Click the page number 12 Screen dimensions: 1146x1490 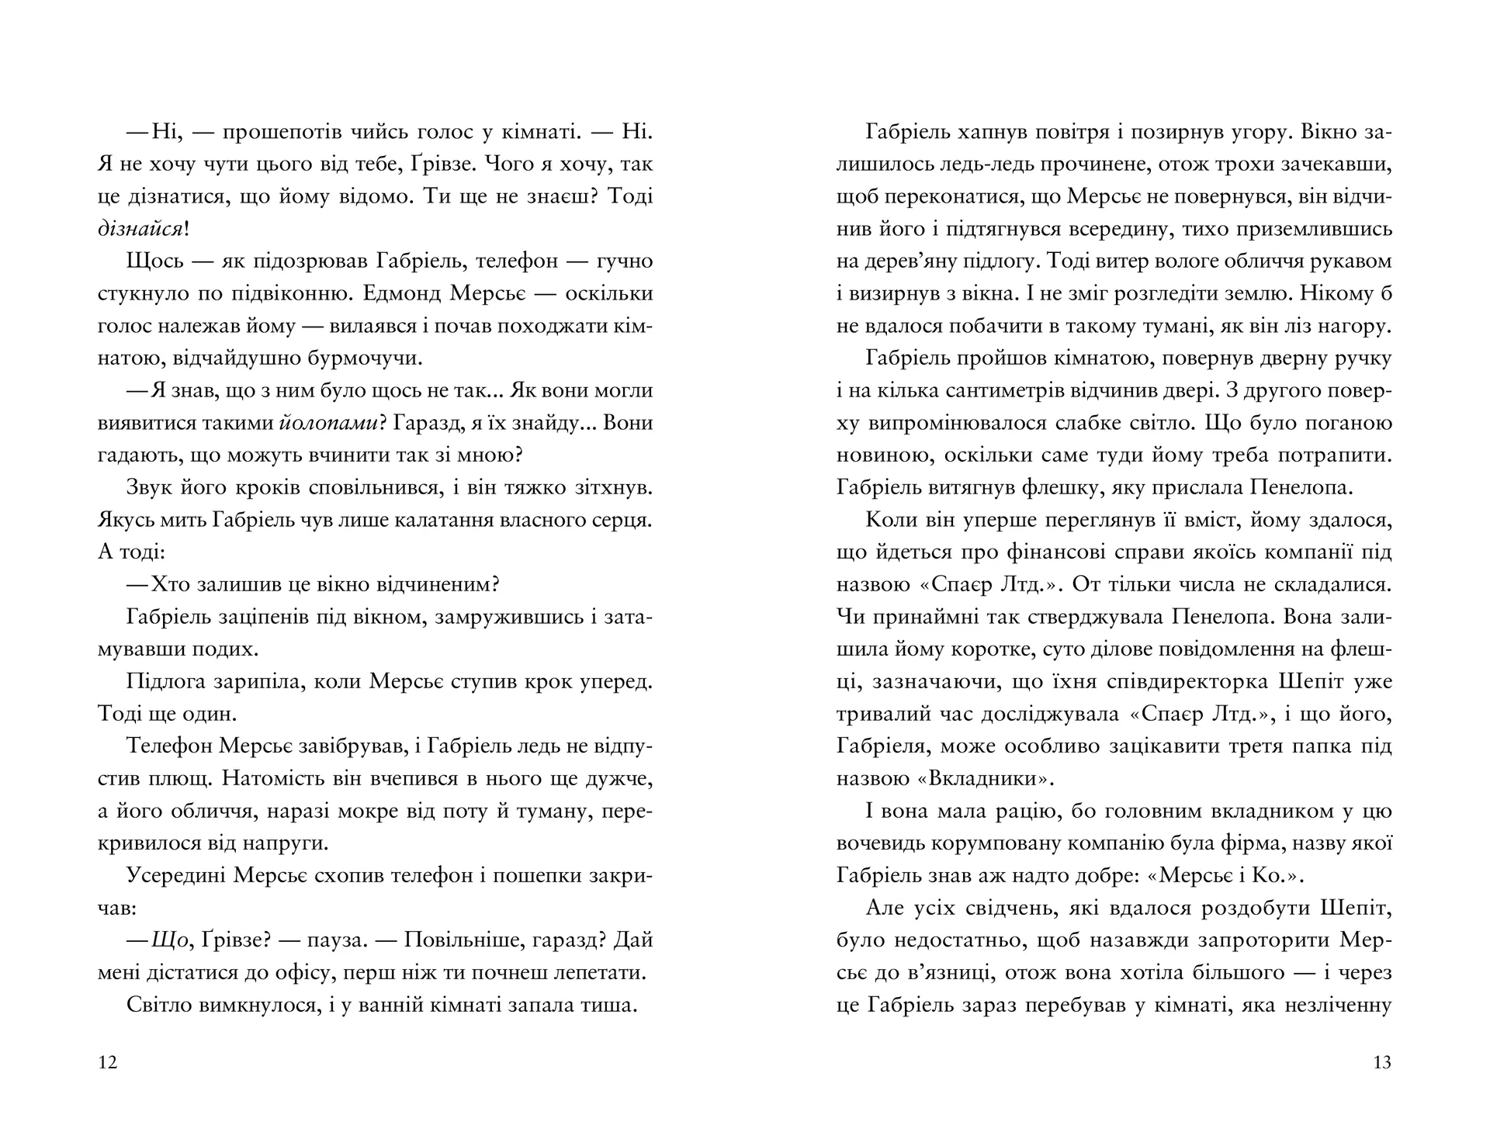109,1062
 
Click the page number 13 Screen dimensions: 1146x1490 1381,1062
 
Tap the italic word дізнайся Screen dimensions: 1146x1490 140,229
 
